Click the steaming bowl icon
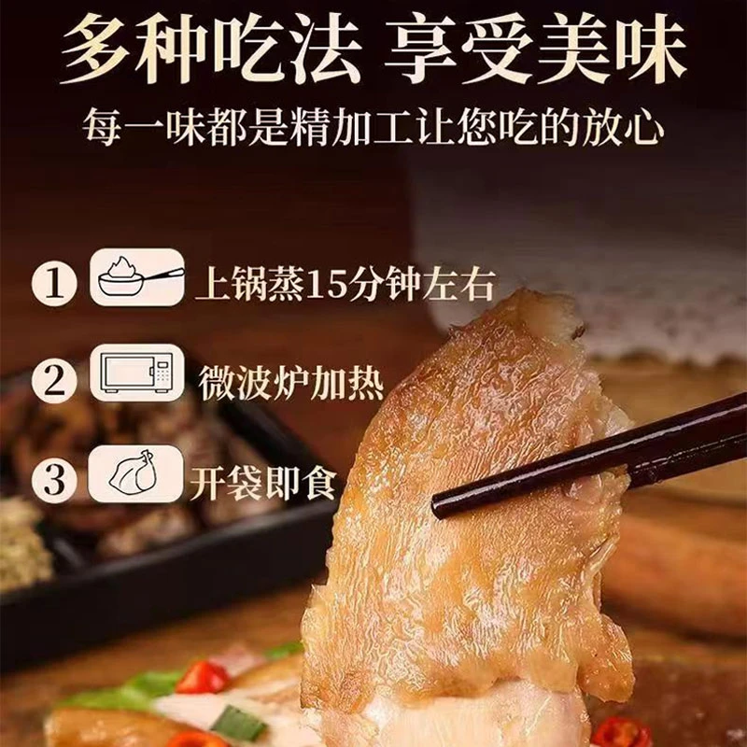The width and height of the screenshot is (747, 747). (x=136, y=278)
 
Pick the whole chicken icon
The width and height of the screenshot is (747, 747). (x=136, y=477)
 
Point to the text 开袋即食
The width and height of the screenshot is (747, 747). (x=263, y=484)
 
